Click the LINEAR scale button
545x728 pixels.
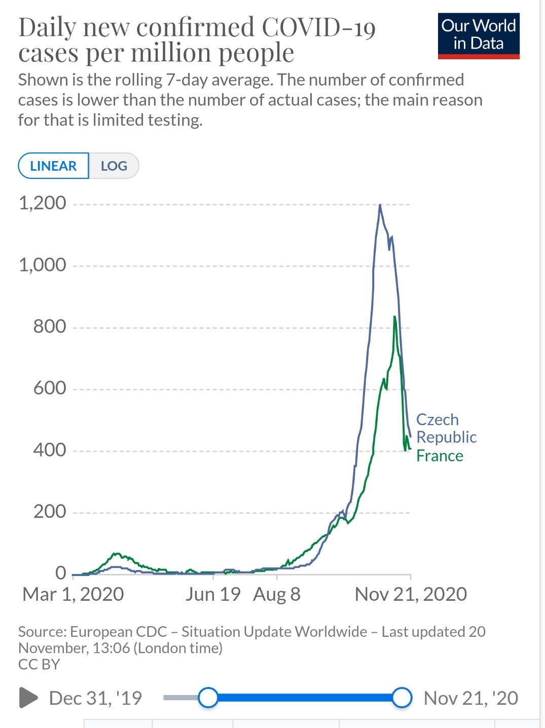pyautogui.click(x=53, y=166)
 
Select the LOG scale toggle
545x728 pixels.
pyautogui.click(x=114, y=166)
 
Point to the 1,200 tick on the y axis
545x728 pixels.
pyautogui.click(x=43, y=203)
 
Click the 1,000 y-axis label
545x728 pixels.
pyautogui.click(x=43, y=265)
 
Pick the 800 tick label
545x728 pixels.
pyautogui.click(x=50, y=326)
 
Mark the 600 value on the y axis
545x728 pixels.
pyautogui.click(x=50, y=388)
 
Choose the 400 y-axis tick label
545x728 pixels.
pyautogui.click(x=50, y=450)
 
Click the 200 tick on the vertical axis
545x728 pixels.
pyautogui.click(x=50, y=512)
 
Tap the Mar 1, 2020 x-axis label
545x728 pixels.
pyautogui.click(x=73, y=594)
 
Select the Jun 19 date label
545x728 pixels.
pyautogui.click(x=213, y=594)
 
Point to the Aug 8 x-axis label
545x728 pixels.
pyautogui.click(x=277, y=594)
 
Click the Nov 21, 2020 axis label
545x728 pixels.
pyautogui.click(x=411, y=594)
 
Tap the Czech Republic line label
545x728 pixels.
pyautogui.click(x=446, y=428)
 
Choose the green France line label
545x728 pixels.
pyautogui.click(x=440, y=456)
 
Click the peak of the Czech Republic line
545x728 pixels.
pyautogui.click(x=380, y=205)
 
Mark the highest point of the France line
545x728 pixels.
pyautogui.click(x=394, y=317)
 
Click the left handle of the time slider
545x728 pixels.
pyautogui.click(x=208, y=698)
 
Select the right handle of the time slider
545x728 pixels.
pyautogui.click(x=402, y=698)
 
